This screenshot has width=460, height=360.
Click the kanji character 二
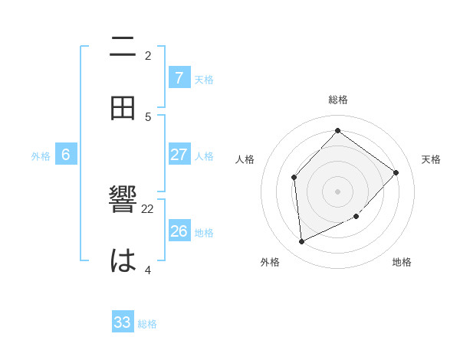(123, 47)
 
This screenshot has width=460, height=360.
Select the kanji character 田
(123, 109)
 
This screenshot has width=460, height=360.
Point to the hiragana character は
(123, 261)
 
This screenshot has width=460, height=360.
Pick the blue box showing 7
(179, 77)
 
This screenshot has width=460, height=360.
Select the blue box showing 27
(179, 155)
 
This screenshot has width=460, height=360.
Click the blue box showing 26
(179, 231)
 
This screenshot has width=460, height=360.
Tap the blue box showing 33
(123, 322)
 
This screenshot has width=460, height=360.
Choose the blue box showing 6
(66, 155)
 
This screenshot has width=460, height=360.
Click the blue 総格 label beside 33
(147, 324)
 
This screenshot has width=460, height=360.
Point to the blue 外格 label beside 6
(41, 156)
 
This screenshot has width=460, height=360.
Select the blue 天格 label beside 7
(204, 79)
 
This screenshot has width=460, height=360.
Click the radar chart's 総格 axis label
(338, 100)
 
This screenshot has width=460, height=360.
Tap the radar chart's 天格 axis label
(431, 159)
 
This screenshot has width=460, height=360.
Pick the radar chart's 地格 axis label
(402, 262)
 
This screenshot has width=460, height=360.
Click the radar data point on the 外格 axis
(301, 242)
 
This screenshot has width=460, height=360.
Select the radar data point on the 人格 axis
(294, 178)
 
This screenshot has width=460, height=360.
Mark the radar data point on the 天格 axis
(396, 173)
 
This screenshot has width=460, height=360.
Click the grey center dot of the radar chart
(337, 191)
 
